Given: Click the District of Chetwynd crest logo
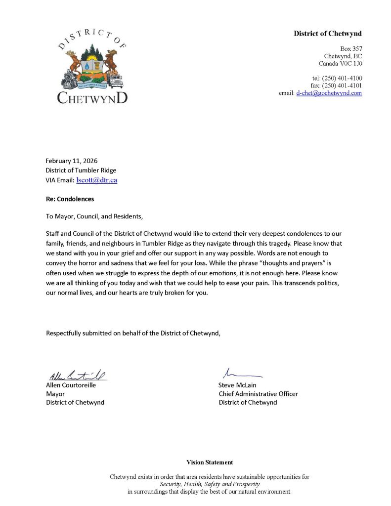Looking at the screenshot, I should click(92, 68).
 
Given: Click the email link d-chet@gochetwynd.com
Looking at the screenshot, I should click(329, 93).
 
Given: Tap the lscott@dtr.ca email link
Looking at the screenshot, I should click(97, 180).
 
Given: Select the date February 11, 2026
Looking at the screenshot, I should click(72, 161).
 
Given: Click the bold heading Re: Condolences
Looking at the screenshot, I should click(70, 199).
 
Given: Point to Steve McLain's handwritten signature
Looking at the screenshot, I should click(241, 374).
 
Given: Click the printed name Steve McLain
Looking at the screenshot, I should click(237, 385).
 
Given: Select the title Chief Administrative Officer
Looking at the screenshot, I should click(258, 394).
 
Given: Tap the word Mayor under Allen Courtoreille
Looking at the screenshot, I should click(55, 394).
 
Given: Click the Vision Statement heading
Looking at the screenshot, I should click(210, 462).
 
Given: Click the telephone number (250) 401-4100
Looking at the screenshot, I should click(342, 78).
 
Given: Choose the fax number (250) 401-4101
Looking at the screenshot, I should click(342, 85).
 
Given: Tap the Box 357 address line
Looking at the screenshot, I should click(351, 49).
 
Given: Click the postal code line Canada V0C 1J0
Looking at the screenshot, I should click(340, 64).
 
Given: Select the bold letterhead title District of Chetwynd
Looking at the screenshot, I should click(327, 34).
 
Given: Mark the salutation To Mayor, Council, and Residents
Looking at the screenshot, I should click(94, 215).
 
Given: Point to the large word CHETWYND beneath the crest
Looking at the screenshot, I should click(92, 97).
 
